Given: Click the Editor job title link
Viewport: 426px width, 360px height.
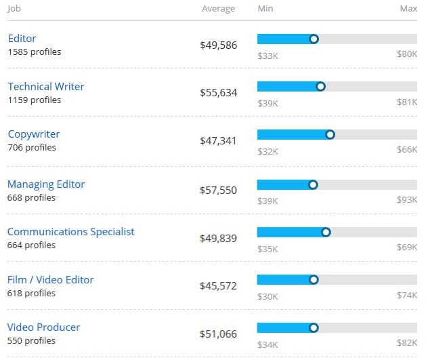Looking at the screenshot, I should pos(22,39).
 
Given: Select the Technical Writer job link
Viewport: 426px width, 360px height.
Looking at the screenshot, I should pos(46,87).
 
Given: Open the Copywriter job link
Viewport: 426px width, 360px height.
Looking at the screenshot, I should pos(34,134).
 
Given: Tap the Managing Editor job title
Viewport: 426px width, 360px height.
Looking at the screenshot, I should pos(46,184).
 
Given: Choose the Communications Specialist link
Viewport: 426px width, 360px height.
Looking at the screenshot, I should pos(71,232).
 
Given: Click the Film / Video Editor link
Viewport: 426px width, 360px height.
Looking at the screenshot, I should pos(51,280).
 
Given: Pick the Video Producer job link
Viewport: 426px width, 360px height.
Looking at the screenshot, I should pos(44,327).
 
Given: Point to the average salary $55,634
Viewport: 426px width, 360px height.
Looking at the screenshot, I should pos(218,93).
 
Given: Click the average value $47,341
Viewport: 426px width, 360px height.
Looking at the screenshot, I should pos(218,141).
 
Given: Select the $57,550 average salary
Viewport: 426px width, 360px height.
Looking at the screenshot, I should pos(218,191).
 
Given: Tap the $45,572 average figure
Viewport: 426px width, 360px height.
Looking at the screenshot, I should pos(218,286).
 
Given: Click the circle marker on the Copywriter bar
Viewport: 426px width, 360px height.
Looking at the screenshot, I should pos(331,134).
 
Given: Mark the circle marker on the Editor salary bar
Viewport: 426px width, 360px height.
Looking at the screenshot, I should pos(314,39).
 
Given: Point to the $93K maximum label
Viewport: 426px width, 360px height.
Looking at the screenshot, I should pos(407,201).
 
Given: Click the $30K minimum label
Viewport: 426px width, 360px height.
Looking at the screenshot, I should pos(268,296).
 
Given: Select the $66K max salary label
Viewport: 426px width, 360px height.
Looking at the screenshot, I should pos(407,151).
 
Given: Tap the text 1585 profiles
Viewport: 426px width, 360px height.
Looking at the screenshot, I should pos(35,52).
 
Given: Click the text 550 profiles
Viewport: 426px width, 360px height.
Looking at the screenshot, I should pos(32,340).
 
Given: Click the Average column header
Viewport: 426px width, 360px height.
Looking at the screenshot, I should pos(218,9).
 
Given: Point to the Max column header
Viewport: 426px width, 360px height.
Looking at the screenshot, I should pos(408,9).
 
